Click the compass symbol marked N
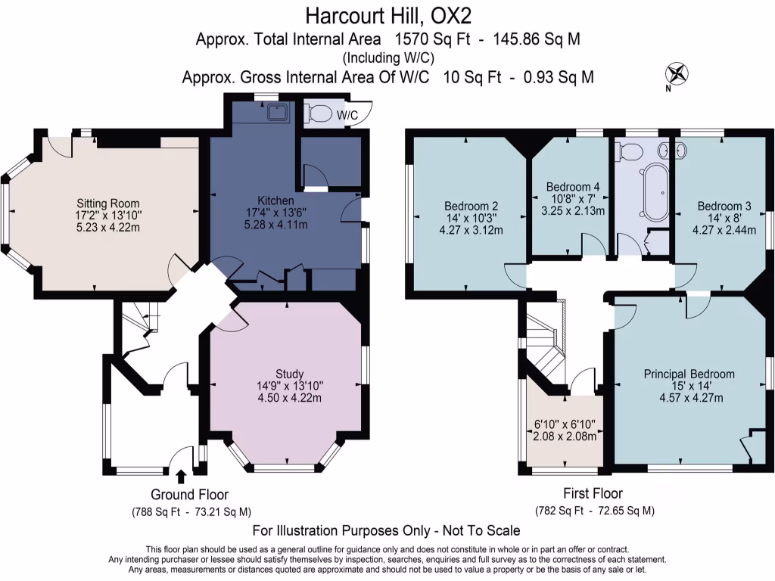678,74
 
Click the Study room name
290,374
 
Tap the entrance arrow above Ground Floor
180,476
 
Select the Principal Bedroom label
689,374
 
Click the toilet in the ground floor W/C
320,114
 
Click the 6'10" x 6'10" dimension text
565,424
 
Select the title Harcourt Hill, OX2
387,14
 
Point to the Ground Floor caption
189,495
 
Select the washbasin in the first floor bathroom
666,150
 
